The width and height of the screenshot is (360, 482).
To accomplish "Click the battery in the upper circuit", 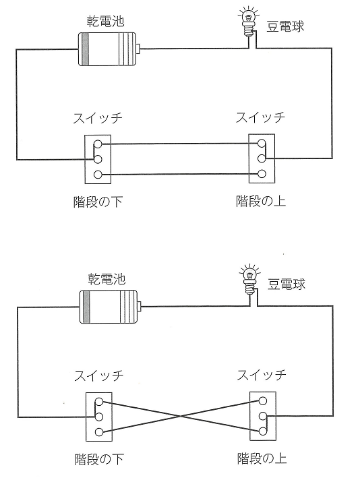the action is click(x=109, y=49).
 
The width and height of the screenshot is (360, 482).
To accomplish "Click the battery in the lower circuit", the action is click(x=111, y=307).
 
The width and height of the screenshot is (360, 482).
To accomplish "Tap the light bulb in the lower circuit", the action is click(x=249, y=280).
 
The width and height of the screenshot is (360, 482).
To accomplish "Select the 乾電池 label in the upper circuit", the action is click(x=105, y=22).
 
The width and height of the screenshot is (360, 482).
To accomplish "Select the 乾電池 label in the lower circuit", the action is click(x=107, y=279).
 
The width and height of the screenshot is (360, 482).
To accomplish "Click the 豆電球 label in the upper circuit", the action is click(x=285, y=26).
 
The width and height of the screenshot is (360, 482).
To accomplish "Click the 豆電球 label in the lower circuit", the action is click(x=287, y=284).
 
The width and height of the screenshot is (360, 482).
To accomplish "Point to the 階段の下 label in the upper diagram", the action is click(x=98, y=202).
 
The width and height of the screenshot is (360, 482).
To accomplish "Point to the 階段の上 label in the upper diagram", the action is click(x=261, y=202).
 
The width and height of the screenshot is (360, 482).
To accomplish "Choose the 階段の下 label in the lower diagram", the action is click(x=98, y=459).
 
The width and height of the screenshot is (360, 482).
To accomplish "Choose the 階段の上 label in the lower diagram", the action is click(x=262, y=458).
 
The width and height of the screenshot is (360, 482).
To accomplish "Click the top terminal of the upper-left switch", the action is click(x=98, y=144).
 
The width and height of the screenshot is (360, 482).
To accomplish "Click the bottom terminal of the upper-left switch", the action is click(x=98, y=175).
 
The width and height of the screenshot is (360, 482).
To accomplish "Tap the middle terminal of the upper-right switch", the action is click(x=262, y=158).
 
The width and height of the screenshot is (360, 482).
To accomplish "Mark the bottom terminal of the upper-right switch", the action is click(x=262, y=174).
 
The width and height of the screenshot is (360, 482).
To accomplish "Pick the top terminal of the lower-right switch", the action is click(x=262, y=401).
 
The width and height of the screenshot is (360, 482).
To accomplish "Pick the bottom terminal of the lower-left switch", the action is click(x=99, y=432).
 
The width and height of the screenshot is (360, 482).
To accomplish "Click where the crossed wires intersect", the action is click(x=181, y=416).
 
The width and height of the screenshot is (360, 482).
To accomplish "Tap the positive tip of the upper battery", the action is click(x=140, y=49).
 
